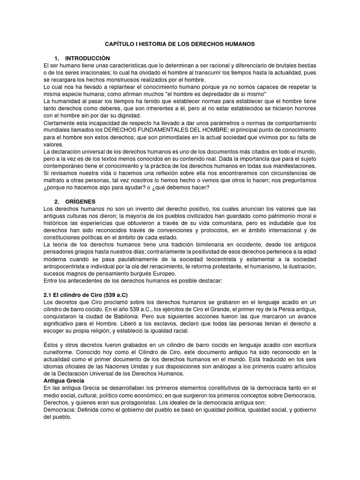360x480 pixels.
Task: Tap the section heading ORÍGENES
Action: pyautogui.click(x=80, y=202)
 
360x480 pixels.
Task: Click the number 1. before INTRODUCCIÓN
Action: pyautogui.click(x=57, y=58)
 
